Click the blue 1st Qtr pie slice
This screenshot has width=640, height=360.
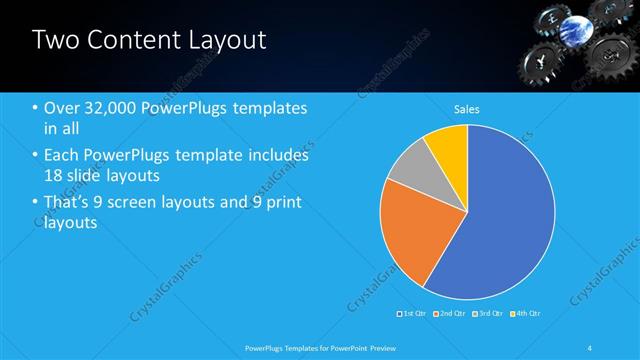pos(500,220)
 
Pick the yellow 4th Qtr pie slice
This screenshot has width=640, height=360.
pos(448,150)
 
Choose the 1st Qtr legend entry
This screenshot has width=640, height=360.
pos(415,313)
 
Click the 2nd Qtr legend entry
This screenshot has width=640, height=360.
pos(451,313)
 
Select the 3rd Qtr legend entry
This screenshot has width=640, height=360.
pos(488,313)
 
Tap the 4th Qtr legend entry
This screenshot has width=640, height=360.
pos(524,313)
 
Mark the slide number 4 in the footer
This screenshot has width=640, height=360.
pos(590,347)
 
